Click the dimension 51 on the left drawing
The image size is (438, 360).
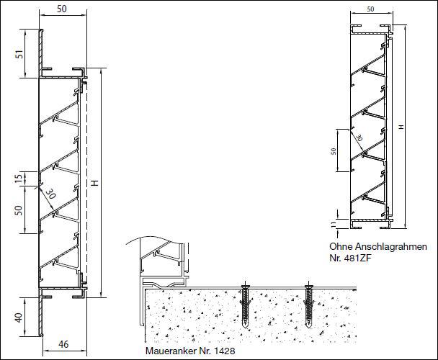coord(19,54)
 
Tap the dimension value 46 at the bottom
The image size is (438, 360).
coord(63,344)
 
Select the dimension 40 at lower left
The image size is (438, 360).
coord(19,318)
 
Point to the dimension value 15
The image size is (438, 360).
coord(18,178)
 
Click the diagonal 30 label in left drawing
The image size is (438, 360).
coord(50,193)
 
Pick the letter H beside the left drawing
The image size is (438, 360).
coord(95,183)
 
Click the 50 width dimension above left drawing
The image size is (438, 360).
coord(62,9)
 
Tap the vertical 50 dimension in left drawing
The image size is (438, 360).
coord(18,210)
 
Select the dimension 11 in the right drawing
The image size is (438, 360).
coord(334,224)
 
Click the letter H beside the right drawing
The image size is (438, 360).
coord(401,127)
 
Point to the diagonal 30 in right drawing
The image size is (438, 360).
coord(359,138)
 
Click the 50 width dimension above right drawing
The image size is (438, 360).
coord(370,9)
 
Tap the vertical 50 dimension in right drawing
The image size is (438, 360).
coord(334,151)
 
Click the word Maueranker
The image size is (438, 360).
coord(171,351)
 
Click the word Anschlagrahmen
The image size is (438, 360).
coord(391,247)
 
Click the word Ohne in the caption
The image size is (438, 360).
coord(341,247)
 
